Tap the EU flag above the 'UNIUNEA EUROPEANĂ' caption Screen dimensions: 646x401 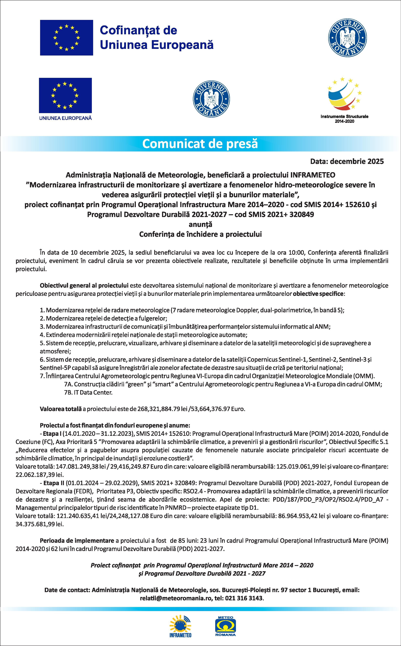[65, 95]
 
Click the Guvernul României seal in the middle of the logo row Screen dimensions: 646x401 [211, 99]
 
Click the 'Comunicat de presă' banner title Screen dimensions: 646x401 [200, 144]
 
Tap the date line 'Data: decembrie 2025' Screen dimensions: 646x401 [347, 161]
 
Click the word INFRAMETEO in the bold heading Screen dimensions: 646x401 [313, 175]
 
